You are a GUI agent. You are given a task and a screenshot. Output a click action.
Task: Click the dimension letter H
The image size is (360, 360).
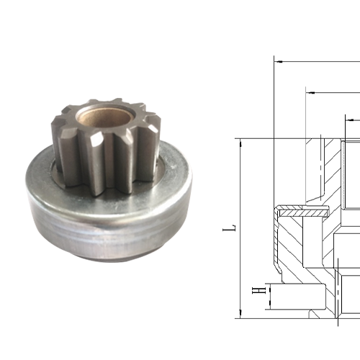pyautogui.click(x=254, y=291)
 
